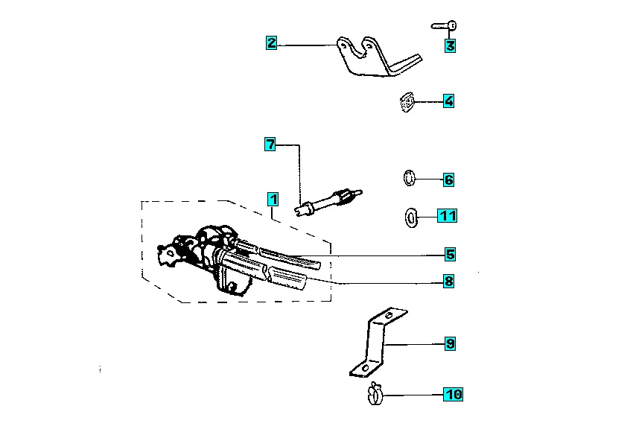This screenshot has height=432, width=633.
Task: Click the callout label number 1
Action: point(273,200)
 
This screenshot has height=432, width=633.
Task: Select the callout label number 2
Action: point(272,42)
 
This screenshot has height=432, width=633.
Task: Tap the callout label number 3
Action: point(450,45)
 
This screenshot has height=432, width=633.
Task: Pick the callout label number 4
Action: point(448,101)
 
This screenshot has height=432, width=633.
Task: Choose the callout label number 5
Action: point(450,254)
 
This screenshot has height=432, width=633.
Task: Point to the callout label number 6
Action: point(448,180)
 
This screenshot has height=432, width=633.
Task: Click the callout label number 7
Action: point(270,144)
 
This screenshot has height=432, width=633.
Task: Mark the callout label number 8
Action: point(448,281)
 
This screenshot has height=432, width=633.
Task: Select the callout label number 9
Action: point(450,344)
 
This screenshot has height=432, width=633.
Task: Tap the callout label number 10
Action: point(453,394)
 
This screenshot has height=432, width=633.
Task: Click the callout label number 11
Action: point(448,215)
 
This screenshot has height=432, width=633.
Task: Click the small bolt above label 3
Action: point(444,26)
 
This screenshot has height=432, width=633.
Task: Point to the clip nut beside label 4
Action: point(407,102)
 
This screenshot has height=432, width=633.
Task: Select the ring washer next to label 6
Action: point(410,178)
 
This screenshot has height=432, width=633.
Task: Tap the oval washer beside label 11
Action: point(411,217)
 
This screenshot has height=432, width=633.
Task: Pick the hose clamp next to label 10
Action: point(375,394)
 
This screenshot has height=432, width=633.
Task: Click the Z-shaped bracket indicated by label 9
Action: point(378,343)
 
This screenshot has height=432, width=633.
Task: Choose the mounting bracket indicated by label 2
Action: point(379,57)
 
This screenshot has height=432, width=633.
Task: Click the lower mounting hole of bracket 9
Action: point(366,368)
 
